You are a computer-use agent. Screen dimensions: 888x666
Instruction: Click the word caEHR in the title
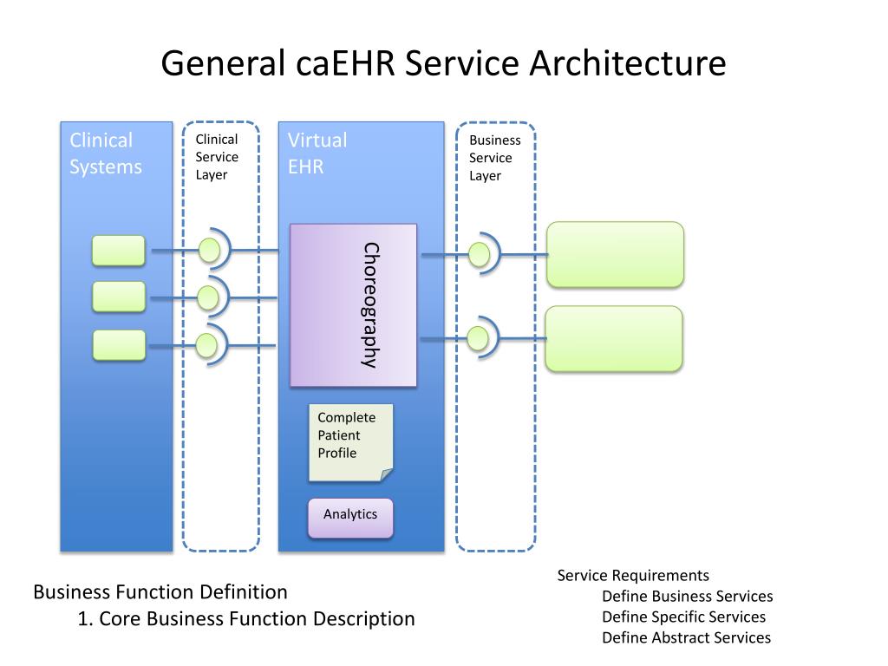pyautogui.click(x=345, y=63)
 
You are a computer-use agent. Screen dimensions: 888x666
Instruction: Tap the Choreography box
pyautogui.click(x=354, y=305)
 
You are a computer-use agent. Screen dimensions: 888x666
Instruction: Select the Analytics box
pyautogui.click(x=350, y=518)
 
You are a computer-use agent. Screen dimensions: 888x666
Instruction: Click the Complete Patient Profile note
pyautogui.click(x=350, y=442)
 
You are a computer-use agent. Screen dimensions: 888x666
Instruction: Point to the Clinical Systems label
pyautogui.click(x=105, y=153)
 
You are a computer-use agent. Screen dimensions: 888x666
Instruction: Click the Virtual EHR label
pyautogui.click(x=317, y=153)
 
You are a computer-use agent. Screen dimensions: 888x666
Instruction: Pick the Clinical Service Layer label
pyautogui.click(x=216, y=157)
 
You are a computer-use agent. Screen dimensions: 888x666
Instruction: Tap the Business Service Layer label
pyautogui.click(x=494, y=158)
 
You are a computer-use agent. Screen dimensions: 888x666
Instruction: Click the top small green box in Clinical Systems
pyautogui.click(x=118, y=251)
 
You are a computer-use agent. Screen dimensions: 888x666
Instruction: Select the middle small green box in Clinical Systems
pyautogui.click(x=118, y=297)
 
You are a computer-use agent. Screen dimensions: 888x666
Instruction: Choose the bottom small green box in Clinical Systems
pyautogui.click(x=119, y=345)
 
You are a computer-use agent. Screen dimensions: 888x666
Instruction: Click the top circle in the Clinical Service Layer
pyautogui.click(x=209, y=250)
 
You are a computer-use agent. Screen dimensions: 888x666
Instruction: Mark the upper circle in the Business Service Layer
pyautogui.click(x=479, y=255)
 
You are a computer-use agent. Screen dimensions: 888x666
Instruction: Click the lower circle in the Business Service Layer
pyautogui.click(x=478, y=339)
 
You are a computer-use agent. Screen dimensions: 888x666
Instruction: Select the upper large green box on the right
pyautogui.click(x=615, y=254)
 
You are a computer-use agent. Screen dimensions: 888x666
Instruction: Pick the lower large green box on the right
pyautogui.click(x=614, y=339)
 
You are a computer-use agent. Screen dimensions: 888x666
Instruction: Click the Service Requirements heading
pyautogui.click(x=633, y=576)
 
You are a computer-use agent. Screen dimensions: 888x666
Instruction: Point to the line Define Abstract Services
pyautogui.click(x=687, y=637)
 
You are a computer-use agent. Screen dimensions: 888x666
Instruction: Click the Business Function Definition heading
pyautogui.click(x=160, y=592)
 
